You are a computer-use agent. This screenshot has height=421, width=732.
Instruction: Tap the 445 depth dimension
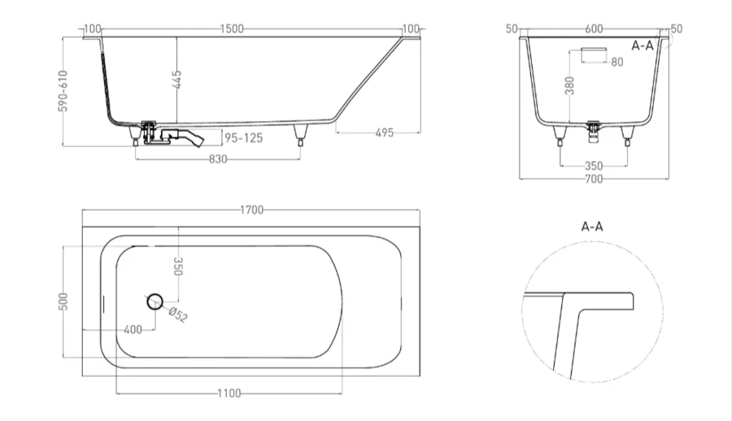(177, 80)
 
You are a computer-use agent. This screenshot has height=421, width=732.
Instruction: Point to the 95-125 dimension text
(243, 138)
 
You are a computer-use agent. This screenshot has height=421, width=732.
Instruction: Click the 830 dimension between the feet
(218, 159)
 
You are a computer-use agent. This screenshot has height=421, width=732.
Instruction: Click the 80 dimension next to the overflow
(617, 63)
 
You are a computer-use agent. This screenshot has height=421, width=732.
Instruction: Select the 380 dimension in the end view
(569, 86)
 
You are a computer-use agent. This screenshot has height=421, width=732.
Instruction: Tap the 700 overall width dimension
(594, 179)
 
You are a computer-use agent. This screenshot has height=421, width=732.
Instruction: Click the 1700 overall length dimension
(252, 210)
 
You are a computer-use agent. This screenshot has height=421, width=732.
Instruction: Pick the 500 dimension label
(63, 301)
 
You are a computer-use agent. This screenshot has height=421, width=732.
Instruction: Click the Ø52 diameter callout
(178, 315)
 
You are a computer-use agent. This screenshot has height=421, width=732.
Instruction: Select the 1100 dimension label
(230, 393)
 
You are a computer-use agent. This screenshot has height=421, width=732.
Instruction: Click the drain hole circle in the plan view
(155, 302)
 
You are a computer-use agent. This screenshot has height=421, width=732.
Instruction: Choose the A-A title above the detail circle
(591, 228)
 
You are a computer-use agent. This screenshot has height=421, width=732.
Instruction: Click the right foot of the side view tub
(302, 135)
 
